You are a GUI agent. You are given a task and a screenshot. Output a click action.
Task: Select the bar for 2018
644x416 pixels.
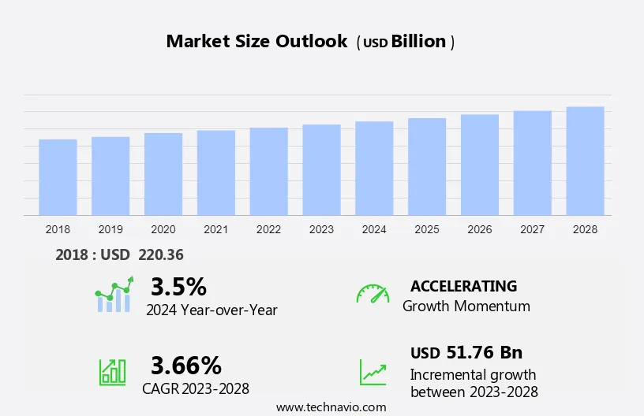tap(58, 177)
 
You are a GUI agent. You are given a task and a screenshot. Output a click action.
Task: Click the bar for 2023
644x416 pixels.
tap(321, 169)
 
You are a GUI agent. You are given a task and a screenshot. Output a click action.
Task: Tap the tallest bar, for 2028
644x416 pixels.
tap(585, 161)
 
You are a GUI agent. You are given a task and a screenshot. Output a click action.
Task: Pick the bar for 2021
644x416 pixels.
tap(215, 173)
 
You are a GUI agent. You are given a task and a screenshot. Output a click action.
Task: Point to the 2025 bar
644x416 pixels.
tap(427, 166)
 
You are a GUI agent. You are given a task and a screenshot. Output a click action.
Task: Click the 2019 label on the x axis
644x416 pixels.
tap(110, 229)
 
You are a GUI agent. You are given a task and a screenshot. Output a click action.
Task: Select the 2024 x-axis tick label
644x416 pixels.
tap(374, 229)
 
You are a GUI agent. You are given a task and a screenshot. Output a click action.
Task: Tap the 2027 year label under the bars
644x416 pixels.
tap(532, 229)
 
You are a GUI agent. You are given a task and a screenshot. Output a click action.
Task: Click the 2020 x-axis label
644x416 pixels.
tap(163, 229)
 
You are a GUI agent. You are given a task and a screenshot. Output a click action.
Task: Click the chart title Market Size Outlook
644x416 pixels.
tap(256, 42)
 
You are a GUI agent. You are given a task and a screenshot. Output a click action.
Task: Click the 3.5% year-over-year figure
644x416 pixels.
tap(178, 286)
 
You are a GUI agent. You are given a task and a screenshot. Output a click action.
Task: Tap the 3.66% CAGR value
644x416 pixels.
tap(186, 365)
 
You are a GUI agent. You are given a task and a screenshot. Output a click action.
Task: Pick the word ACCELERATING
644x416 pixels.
tap(463, 286)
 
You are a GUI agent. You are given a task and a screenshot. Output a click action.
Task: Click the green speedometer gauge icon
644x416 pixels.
tap(373, 293)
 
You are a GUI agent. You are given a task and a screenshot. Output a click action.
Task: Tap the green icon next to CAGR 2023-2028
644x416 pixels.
tap(112, 371)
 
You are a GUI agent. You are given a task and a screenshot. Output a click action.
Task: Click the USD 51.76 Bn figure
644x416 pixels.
tap(466, 352)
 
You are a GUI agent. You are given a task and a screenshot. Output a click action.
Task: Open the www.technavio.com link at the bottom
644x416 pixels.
tap(331, 407)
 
